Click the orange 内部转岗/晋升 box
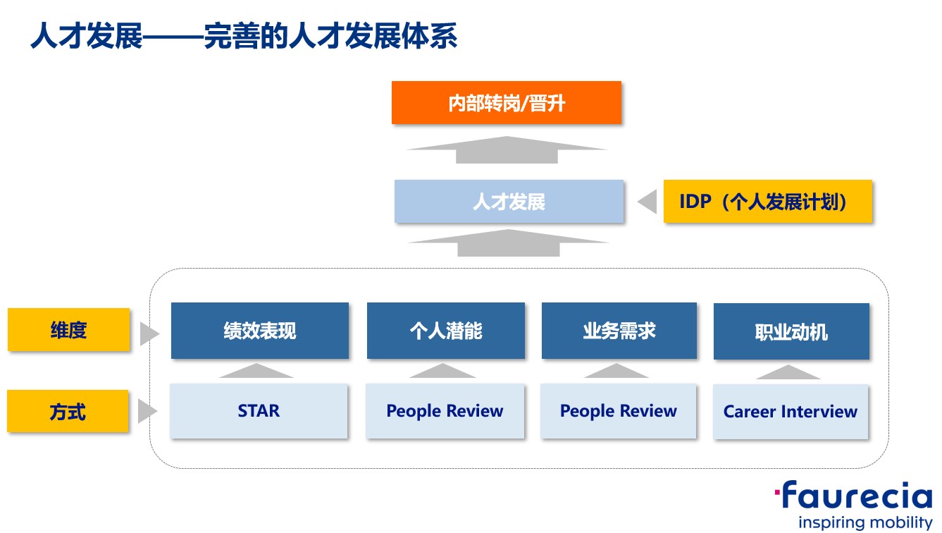[507, 103]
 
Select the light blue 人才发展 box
[509, 201]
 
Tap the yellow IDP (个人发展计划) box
[768, 201]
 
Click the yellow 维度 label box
[68, 329]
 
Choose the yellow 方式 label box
[68, 411]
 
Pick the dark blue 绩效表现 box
[260, 331]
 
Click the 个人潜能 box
[446, 331]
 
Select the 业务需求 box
[619, 331]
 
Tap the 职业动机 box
[791, 331]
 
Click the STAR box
[259, 411]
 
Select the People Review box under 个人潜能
[445, 411]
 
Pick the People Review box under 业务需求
[618, 411]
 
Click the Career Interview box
[791, 412]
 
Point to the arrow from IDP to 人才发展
[647, 202]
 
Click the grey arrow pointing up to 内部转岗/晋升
[507, 149]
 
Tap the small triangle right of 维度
[149, 333]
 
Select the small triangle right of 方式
[148, 411]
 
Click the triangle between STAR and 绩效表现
[256, 371]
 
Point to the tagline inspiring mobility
[865, 522]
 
